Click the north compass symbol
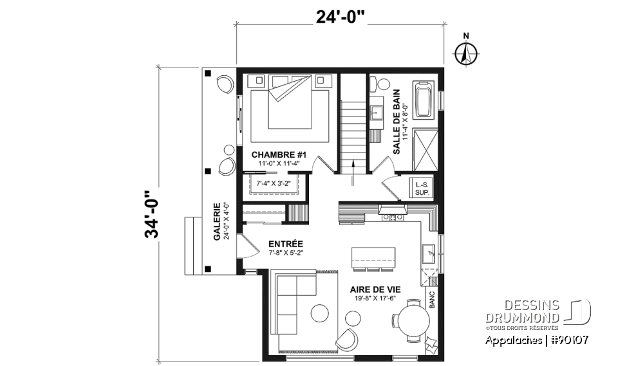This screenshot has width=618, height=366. (x=465, y=53)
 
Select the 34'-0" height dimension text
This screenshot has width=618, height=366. (x=153, y=214)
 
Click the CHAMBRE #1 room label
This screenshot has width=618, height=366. (x=279, y=155)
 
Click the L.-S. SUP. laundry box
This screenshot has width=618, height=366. (x=423, y=187)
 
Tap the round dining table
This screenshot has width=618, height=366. (x=411, y=320)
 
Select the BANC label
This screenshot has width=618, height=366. (x=433, y=300)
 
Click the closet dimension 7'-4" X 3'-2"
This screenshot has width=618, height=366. (x=274, y=184)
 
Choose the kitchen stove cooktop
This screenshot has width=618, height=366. (x=391, y=217)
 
